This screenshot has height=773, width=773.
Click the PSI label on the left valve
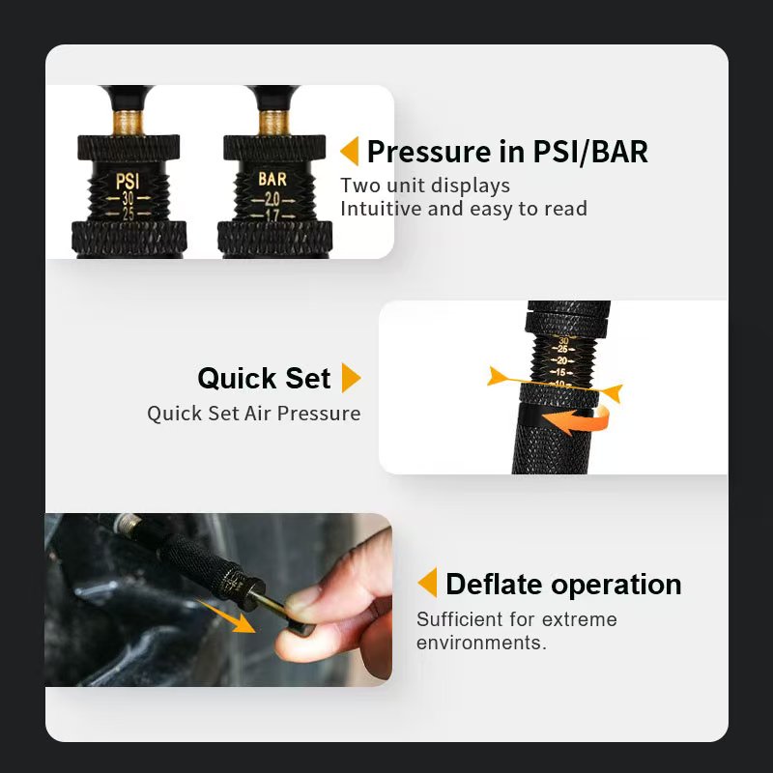tap(128, 181)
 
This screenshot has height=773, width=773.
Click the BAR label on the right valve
tap(272, 179)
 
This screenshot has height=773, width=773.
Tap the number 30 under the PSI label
tap(129, 198)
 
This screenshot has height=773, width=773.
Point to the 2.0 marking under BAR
tap(272, 199)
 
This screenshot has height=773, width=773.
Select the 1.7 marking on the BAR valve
tap(272, 215)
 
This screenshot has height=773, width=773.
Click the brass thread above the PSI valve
tap(129, 123)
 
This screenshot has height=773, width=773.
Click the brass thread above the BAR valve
tap(274, 123)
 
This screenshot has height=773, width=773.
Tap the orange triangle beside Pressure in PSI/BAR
tap(350, 151)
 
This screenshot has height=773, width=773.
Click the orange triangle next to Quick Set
tap(351, 378)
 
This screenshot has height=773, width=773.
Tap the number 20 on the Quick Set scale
tap(562, 360)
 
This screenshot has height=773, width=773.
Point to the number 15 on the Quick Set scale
tap(561, 372)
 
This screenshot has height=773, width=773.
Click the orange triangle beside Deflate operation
tap(427, 583)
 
